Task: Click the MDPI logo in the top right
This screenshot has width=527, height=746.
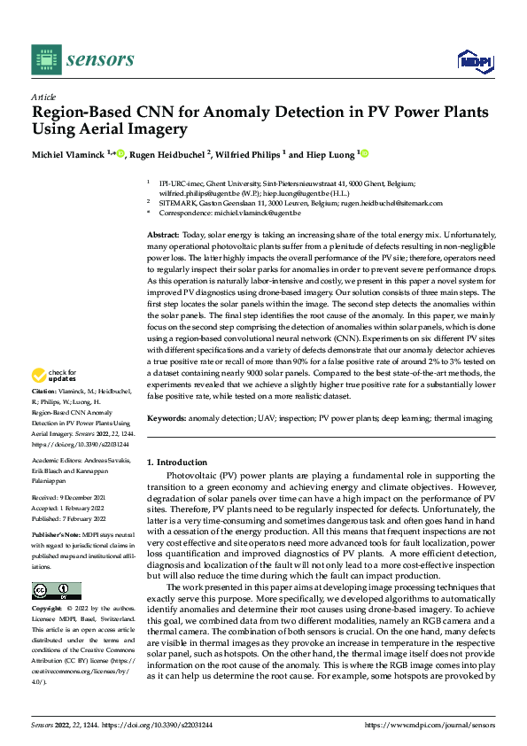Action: click(x=474, y=60)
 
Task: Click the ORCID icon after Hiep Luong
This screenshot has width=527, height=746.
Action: click(x=362, y=153)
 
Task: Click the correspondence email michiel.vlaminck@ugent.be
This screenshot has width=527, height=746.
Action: click(x=257, y=214)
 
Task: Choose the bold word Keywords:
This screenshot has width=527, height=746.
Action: click(x=166, y=416)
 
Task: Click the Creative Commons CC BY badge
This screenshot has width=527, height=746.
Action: click(x=56, y=591)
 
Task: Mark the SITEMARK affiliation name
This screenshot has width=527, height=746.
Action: click(x=176, y=203)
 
